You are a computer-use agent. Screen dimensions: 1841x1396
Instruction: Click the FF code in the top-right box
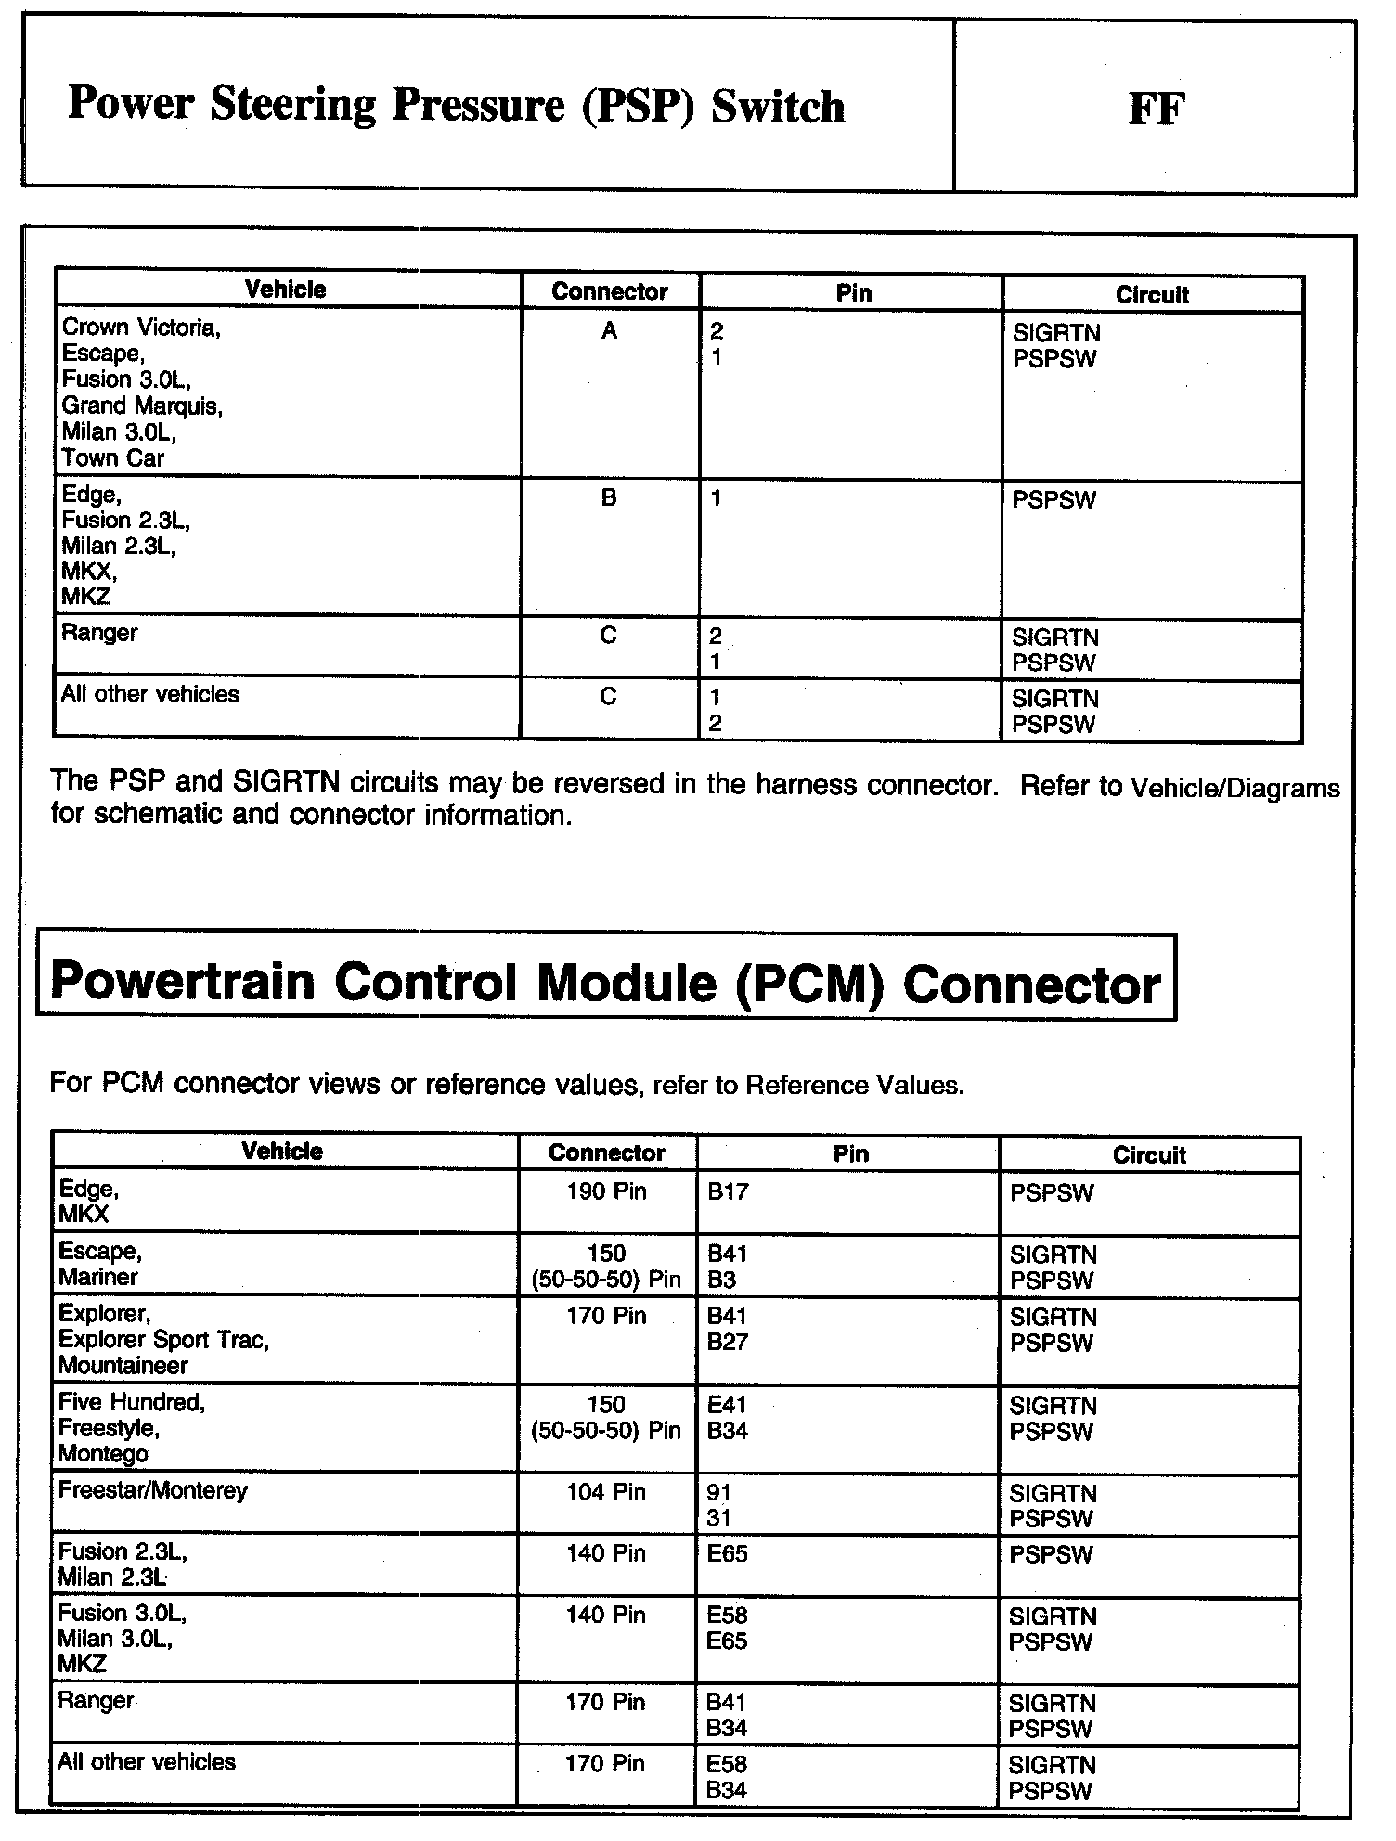pyautogui.click(x=1156, y=109)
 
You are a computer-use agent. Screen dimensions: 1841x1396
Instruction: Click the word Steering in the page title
pyautogui.click(x=293, y=105)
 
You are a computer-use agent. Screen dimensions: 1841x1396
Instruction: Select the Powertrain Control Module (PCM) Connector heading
pyautogui.click(x=605, y=982)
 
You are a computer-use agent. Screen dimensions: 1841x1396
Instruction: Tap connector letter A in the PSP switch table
pyautogui.click(x=609, y=331)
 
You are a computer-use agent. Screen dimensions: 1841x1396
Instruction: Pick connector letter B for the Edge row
pyautogui.click(x=609, y=498)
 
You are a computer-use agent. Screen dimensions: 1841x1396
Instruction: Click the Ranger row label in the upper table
pyautogui.click(x=99, y=634)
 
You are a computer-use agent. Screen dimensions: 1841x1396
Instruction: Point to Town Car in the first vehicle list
pyautogui.click(x=113, y=458)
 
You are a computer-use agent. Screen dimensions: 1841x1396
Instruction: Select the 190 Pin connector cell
pyautogui.click(x=606, y=1191)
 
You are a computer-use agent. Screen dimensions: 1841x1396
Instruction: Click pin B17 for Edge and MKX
pyautogui.click(x=728, y=1191)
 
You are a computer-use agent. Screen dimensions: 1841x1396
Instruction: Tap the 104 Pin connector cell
pyautogui.click(x=606, y=1493)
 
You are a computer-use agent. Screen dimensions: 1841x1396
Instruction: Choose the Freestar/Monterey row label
pyautogui.click(x=153, y=1491)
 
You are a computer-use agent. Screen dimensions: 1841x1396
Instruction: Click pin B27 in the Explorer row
pyautogui.click(x=727, y=1342)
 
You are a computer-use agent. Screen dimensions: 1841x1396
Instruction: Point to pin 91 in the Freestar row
pyautogui.click(x=718, y=1493)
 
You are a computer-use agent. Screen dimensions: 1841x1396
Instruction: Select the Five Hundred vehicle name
pyautogui.click(x=132, y=1402)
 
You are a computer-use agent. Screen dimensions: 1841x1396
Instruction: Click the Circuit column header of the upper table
pyautogui.click(x=1152, y=295)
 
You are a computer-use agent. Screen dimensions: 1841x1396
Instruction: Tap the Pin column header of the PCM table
pyautogui.click(x=850, y=1154)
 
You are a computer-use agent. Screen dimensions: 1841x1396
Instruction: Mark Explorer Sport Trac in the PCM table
pyautogui.click(x=163, y=1340)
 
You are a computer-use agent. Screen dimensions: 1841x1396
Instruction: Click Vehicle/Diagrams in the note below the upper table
pyautogui.click(x=1234, y=789)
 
